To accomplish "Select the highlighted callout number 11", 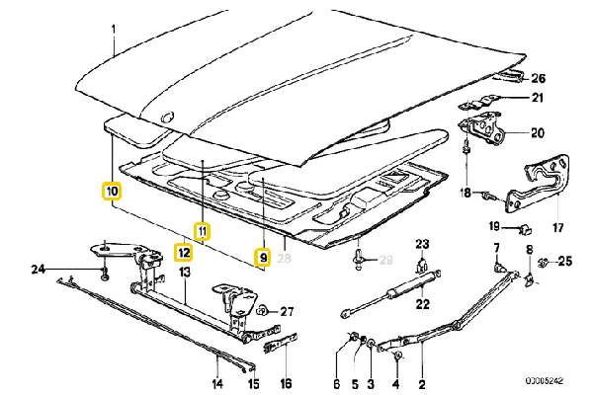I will click(x=202, y=232).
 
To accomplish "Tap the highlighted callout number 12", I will click(x=183, y=250).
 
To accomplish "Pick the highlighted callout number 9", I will click(x=262, y=258).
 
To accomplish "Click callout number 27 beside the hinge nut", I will click(x=288, y=312).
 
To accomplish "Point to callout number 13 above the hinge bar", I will click(x=184, y=272).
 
